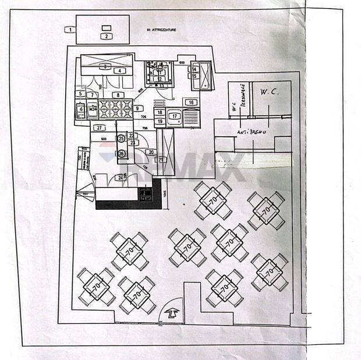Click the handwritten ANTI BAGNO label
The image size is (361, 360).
click(x=251, y=132)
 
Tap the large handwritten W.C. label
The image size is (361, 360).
click(x=270, y=92)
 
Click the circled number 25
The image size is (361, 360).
click(x=121, y=139)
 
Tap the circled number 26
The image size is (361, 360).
click(x=121, y=153)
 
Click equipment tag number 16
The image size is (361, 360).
click(x=190, y=103)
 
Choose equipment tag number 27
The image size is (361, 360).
click(x=100, y=128)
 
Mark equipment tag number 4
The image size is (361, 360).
click(x=119, y=71)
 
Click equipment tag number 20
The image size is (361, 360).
click(x=150, y=152)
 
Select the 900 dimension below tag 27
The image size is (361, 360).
click(x=104, y=139)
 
